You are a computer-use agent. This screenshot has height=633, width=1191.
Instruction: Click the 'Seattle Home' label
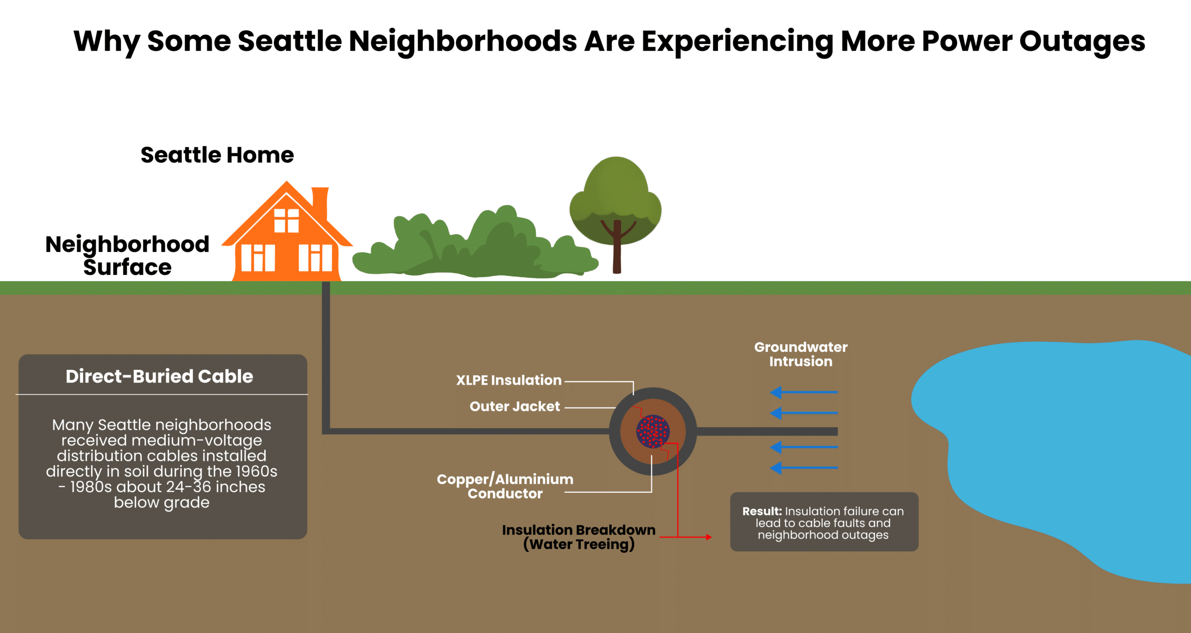point(217,155)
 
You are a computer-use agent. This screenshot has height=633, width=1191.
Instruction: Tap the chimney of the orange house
point(320,202)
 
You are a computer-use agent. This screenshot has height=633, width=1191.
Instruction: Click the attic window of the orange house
point(286,221)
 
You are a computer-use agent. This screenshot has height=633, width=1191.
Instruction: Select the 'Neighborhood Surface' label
point(127,256)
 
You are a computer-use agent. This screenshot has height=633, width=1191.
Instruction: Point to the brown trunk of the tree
point(617,251)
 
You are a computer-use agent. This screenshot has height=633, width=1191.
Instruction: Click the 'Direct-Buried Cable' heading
point(160,376)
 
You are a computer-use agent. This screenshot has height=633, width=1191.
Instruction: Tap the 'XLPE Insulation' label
point(509,380)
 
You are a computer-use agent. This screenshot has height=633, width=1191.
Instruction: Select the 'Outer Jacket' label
point(515,406)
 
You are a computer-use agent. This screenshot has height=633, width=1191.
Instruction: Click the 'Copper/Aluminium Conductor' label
point(505,486)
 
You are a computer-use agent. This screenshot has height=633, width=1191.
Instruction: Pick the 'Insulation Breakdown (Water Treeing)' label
point(579,537)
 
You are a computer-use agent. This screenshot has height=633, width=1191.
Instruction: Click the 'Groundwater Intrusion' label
point(801,354)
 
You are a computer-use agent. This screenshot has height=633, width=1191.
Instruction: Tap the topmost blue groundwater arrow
point(804,392)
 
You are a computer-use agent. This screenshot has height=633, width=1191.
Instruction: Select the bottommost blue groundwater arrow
point(804,467)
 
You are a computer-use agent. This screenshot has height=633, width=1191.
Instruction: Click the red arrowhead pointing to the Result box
point(709,537)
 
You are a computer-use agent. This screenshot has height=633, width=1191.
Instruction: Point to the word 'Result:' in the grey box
point(762,511)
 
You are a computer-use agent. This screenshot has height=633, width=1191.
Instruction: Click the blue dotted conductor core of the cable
point(653,431)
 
